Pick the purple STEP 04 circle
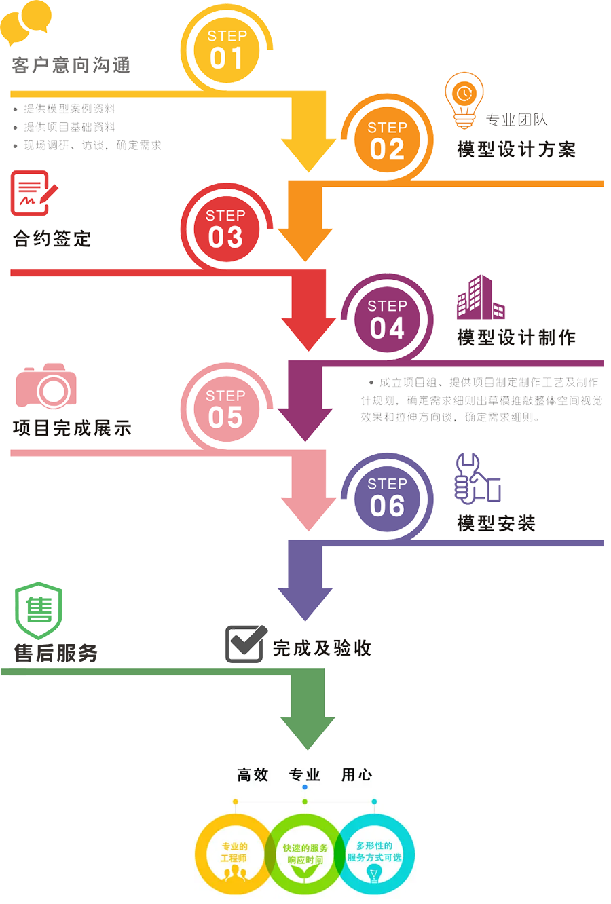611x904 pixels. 387,320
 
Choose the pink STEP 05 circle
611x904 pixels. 225,409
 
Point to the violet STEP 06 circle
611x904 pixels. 387,498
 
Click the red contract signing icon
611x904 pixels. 33,193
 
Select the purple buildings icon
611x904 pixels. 480,298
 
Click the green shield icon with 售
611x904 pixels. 39,609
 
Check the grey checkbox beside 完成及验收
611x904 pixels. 245,643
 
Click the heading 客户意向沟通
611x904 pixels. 71,66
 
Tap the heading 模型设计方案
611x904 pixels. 516,149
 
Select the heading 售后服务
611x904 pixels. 56,653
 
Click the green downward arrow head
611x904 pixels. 308,730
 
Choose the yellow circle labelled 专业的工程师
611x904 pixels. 234,855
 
